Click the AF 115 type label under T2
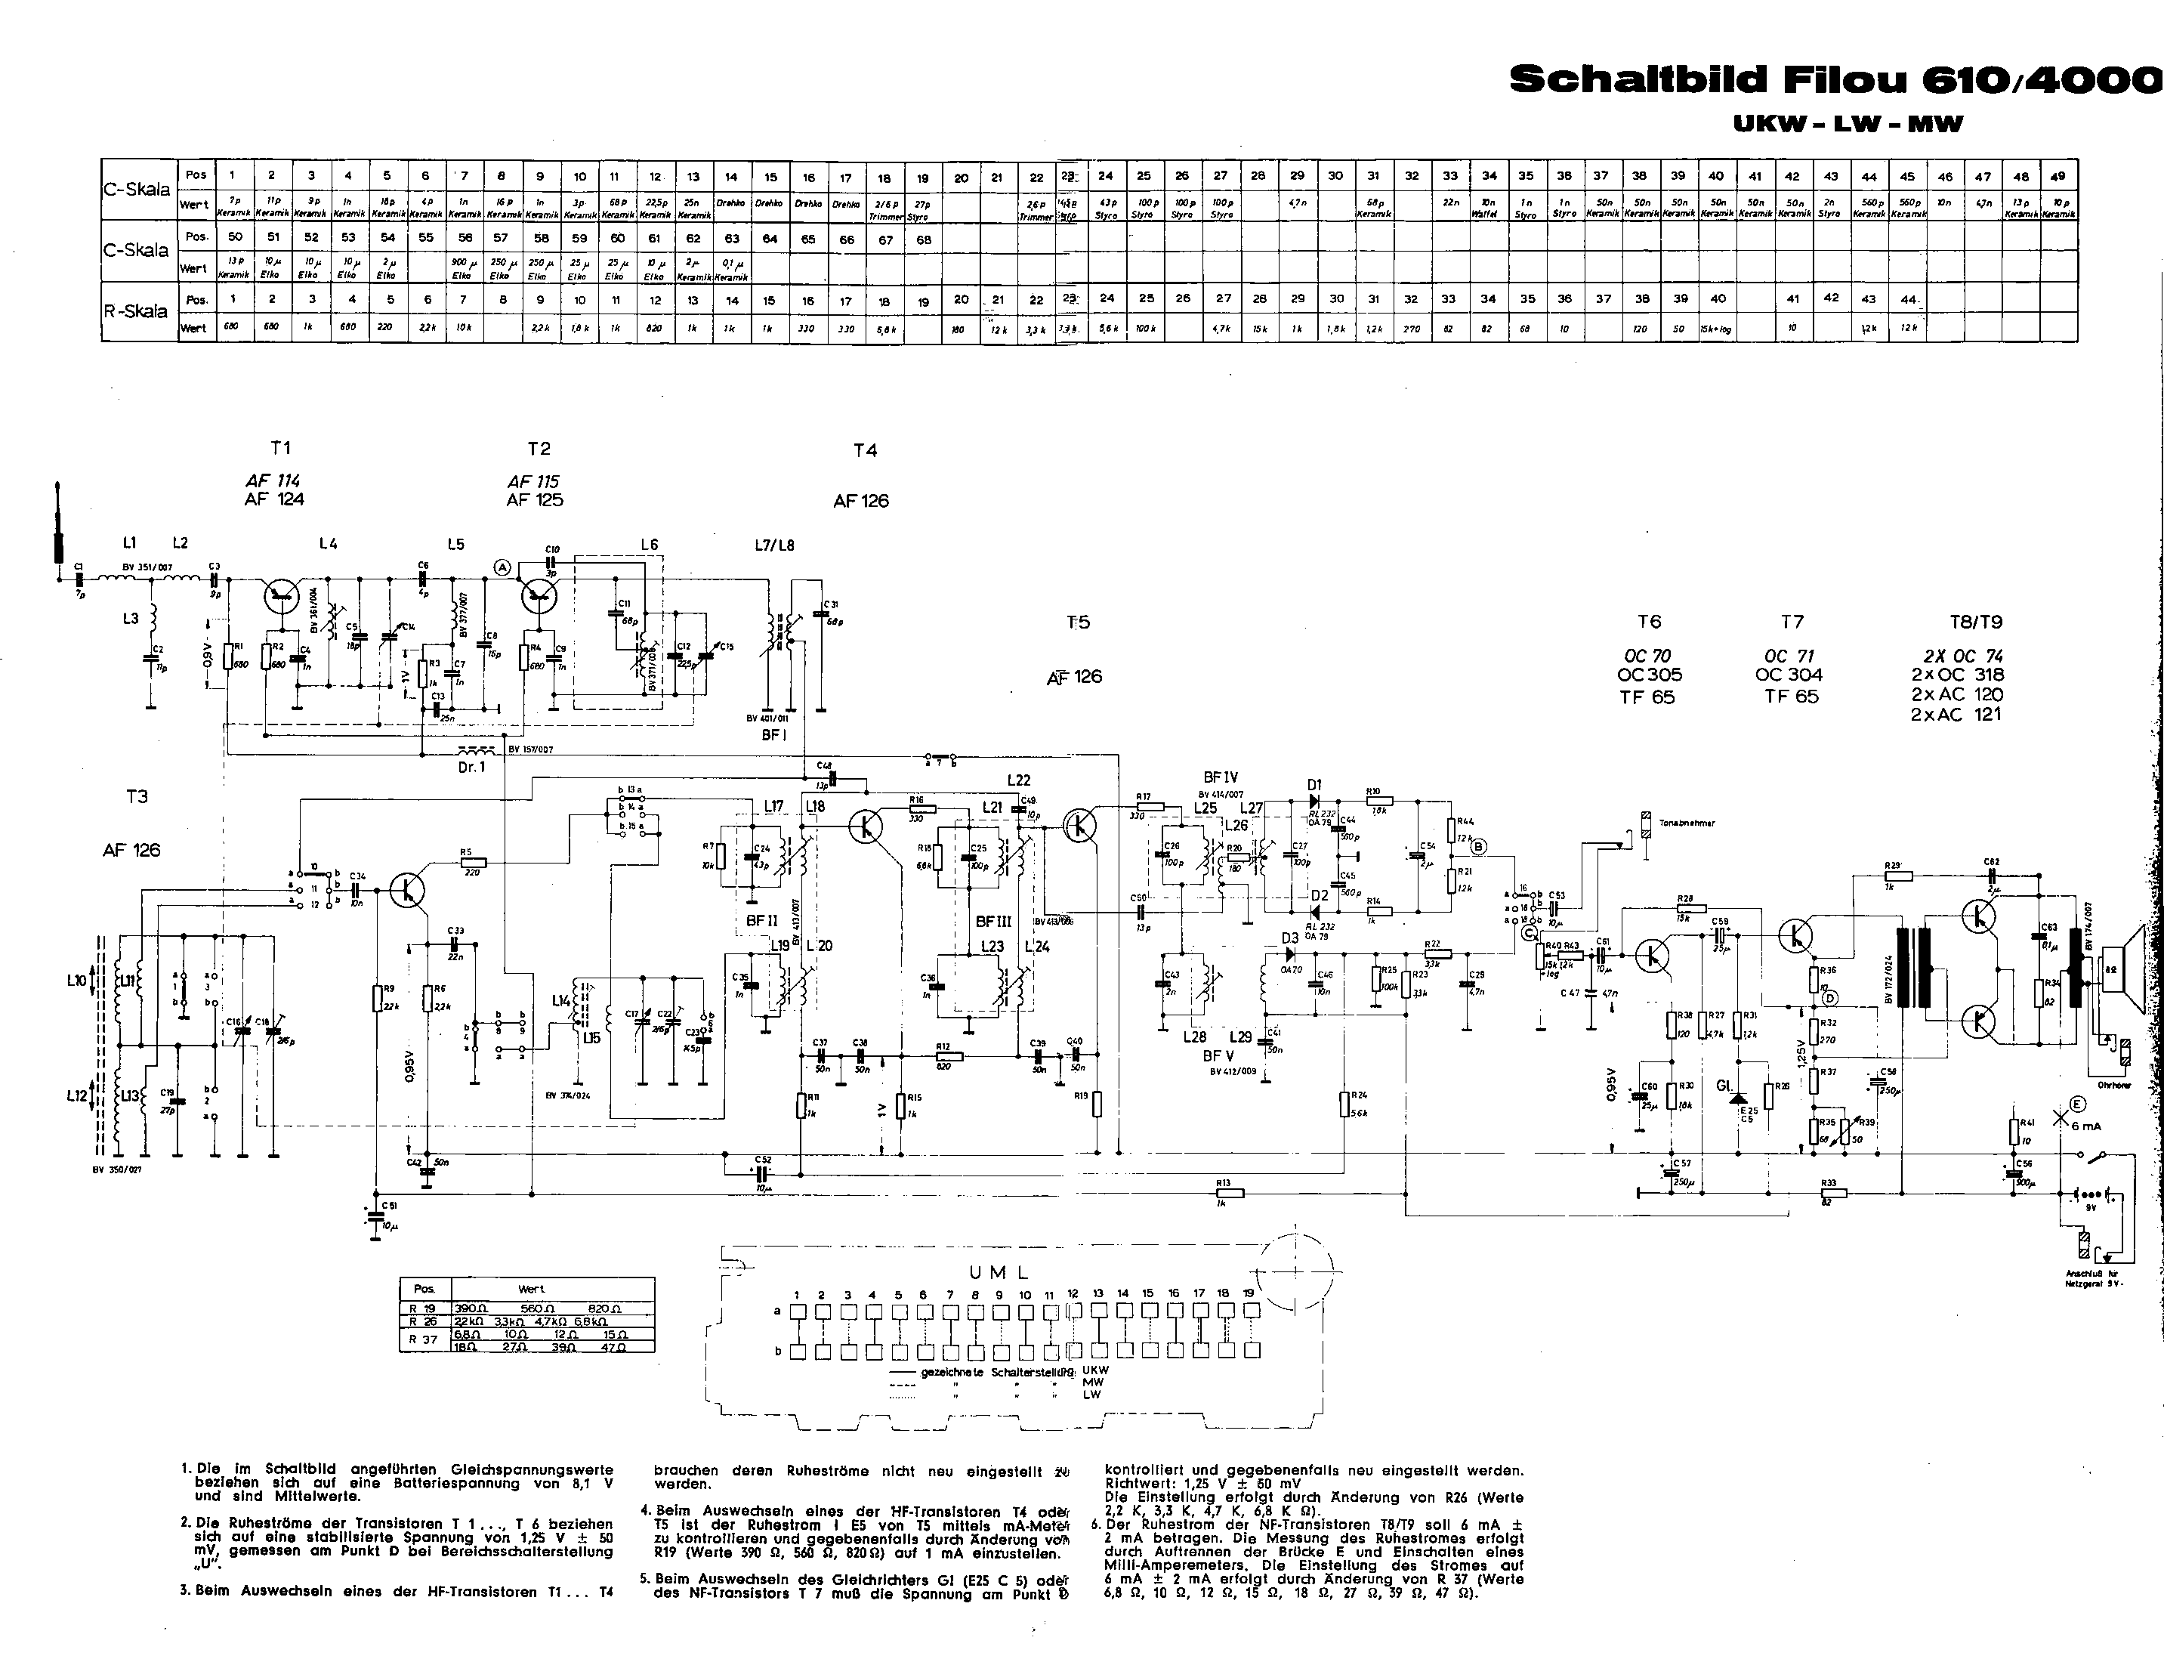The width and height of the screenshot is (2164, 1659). coord(534,481)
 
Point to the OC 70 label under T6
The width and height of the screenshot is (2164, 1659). coord(1647,656)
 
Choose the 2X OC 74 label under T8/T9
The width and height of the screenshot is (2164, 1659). coord(1962,656)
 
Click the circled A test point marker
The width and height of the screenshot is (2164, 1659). coord(502,567)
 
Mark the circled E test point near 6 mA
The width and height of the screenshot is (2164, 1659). coord(2077,1105)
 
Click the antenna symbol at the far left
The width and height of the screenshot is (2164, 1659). coord(57,524)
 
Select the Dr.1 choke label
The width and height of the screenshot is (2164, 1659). coord(472,766)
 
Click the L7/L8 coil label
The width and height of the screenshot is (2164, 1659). coord(774,544)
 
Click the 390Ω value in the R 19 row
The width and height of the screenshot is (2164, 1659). coord(473,1308)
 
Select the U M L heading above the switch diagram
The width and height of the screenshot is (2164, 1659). coord(999,1273)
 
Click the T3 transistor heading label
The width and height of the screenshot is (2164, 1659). coord(137,796)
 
